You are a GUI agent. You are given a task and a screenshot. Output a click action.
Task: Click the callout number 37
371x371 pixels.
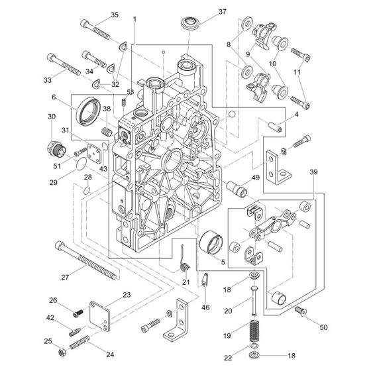pos(222,12)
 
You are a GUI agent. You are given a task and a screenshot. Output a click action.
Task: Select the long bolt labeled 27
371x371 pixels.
pos(86,260)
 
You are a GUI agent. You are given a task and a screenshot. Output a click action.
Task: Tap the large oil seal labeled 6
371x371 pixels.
pos(88,111)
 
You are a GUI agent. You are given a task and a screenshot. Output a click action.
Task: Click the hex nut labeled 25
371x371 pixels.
pos(62,352)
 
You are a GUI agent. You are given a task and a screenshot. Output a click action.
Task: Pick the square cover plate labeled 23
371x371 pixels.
pos(100,316)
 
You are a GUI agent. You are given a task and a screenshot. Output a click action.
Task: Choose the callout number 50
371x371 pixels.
pos(323,327)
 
